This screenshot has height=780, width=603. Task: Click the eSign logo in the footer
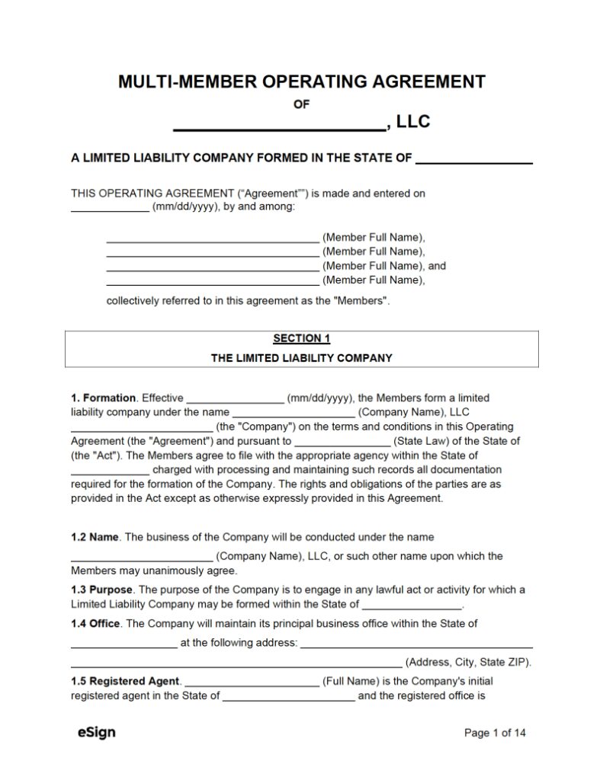97,733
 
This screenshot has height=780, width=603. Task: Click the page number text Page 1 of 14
495,734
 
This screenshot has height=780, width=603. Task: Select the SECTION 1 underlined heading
301,339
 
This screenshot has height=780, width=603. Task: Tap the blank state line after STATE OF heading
474,159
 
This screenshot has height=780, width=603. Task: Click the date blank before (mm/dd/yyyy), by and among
110,208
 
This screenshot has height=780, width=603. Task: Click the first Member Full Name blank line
212,238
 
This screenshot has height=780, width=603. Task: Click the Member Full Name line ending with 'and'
212,267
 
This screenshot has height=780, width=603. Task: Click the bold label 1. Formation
104,398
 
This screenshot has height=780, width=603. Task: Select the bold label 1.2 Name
95,537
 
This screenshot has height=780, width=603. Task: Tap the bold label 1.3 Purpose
101,590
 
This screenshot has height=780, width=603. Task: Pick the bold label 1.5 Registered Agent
126,681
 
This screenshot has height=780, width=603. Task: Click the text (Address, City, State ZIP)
468,662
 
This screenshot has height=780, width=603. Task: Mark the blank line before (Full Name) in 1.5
252,681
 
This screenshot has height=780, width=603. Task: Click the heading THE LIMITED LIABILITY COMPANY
301,357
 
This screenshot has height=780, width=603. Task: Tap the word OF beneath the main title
301,104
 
